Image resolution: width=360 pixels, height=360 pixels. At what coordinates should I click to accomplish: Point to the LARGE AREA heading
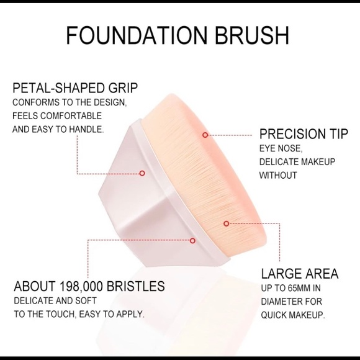tap(299, 274)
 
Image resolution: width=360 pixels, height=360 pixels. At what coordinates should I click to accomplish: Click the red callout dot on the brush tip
tap(206, 134)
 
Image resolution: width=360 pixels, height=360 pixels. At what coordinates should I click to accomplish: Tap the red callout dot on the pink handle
tap(142, 173)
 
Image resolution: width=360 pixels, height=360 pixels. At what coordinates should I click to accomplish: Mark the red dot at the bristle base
tap(192, 240)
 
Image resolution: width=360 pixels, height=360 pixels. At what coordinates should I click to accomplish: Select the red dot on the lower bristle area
tap(226, 223)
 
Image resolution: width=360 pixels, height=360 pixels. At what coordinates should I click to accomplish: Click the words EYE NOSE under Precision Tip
tap(281, 148)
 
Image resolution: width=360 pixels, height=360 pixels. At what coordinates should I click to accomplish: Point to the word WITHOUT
tap(279, 175)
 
